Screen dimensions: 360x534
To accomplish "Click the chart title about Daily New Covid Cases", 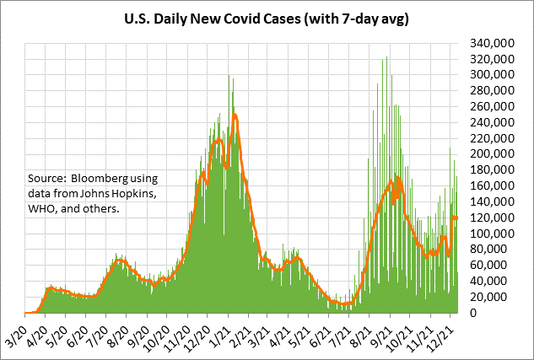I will [x=267, y=19].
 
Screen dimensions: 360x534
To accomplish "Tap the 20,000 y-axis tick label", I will [x=498, y=297].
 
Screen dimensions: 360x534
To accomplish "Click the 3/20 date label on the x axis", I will [x=16, y=330].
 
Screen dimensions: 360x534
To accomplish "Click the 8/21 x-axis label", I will [x=362, y=330].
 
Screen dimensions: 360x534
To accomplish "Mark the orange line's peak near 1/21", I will [x=235, y=114].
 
